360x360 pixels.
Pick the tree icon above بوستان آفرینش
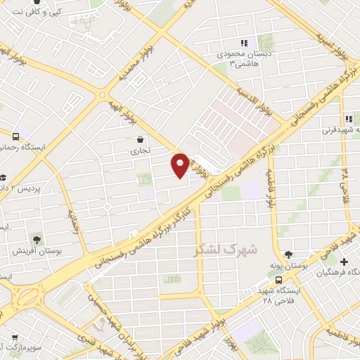[x=37, y=239]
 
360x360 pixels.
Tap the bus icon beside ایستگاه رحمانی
[x=16, y=135]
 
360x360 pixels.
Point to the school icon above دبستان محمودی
[x=244, y=43]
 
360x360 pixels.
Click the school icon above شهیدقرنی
[x=347, y=118]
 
